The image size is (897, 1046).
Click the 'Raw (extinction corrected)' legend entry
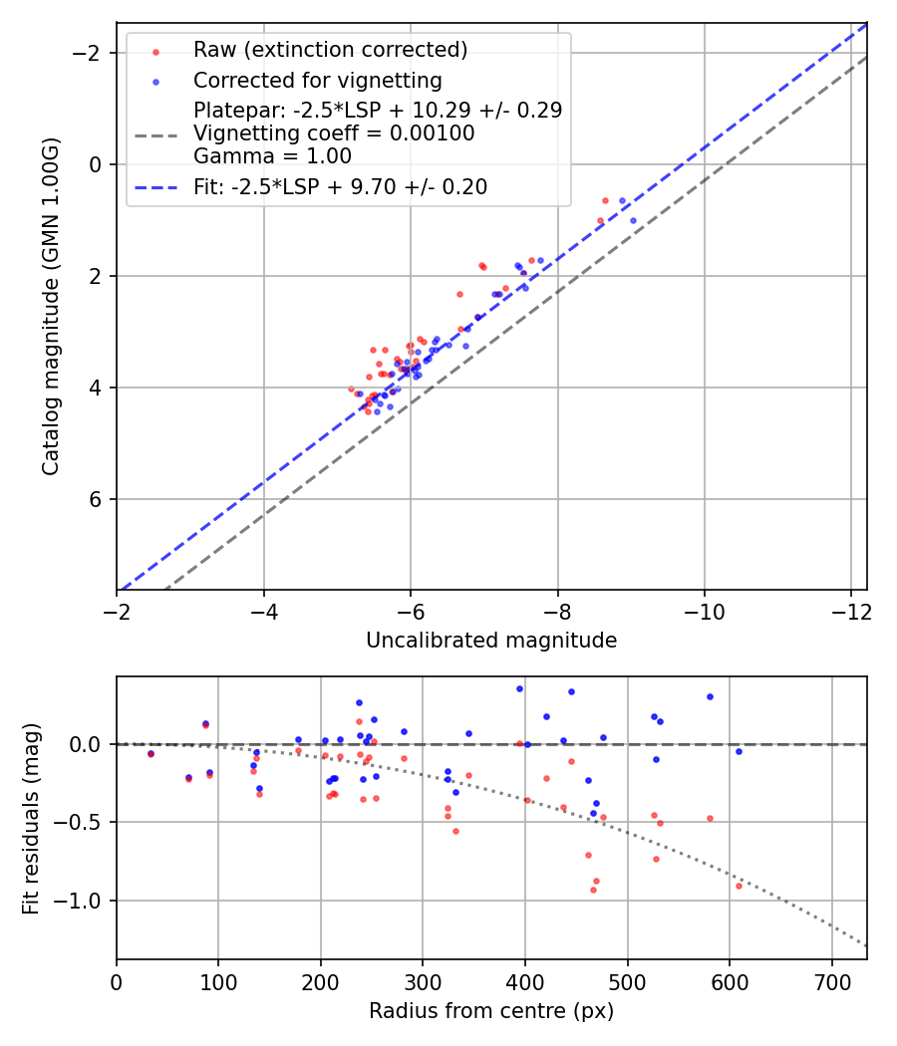(330, 50)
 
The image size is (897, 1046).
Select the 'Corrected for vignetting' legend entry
(317, 80)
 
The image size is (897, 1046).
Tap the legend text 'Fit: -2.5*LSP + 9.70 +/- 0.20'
(340, 187)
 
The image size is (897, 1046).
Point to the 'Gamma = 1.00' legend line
(272, 156)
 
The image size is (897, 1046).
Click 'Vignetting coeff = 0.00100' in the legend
(334, 133)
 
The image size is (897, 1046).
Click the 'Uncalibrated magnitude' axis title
(491, 641)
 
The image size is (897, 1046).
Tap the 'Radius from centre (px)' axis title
(491, 1011)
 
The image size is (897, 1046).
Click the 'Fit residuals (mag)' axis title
(31, 817)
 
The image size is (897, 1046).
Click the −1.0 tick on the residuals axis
(87, 901)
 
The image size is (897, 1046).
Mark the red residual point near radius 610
(739, 886)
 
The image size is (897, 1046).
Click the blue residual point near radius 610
(739, 751)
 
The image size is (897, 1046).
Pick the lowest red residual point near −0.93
(593, 890)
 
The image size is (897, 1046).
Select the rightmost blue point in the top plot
(633, 220)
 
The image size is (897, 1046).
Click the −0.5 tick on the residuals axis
(87, 822)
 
